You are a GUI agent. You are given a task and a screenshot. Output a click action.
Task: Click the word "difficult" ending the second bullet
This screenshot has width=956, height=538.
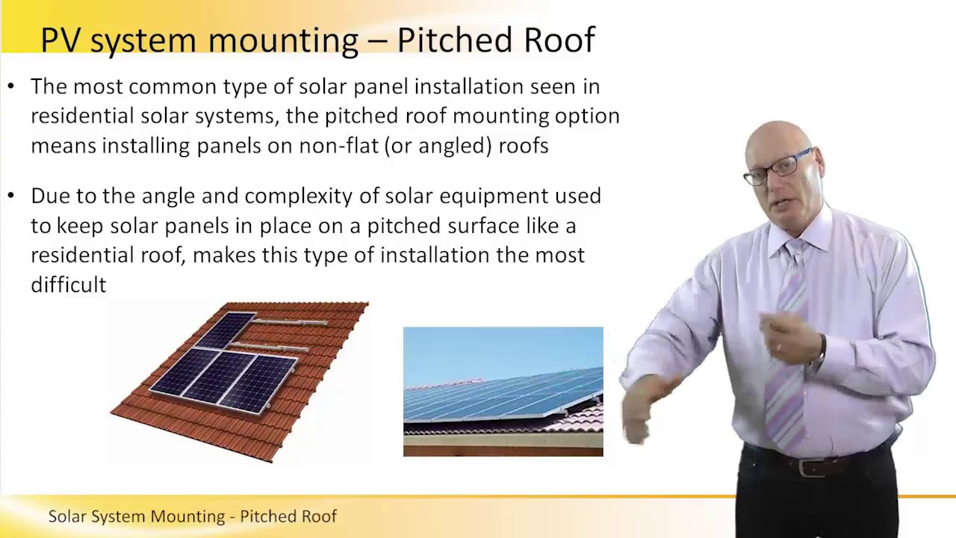[68, 284]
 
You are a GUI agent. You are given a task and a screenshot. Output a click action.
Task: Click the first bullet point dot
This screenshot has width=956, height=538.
[10, 87]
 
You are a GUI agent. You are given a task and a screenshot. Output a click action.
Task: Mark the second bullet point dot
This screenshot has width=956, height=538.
[10, 196]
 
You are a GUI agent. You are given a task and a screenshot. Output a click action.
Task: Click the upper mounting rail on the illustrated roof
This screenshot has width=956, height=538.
[291, 323]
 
